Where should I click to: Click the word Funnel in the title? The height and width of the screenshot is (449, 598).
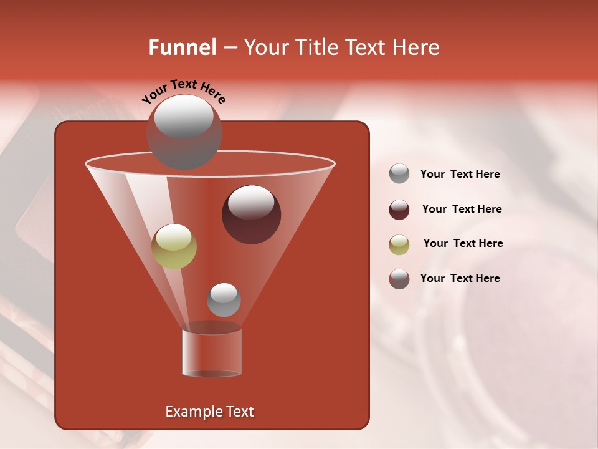[182, 47]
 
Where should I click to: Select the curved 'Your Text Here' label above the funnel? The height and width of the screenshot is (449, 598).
[184, 90]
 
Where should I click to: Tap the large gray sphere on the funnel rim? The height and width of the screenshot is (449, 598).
[184, 132]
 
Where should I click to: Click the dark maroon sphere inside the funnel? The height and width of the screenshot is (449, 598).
[251, 215]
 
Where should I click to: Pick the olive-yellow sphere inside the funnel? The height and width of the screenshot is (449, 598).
[174, 246]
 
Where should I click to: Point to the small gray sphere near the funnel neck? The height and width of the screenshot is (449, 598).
[224, 299]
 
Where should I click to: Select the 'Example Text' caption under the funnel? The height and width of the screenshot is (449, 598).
[209, 412]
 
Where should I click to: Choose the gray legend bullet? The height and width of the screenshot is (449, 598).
[399, 174]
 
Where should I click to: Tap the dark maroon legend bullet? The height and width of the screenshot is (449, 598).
[399, 210]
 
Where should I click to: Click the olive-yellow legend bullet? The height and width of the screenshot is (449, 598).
[399, 244]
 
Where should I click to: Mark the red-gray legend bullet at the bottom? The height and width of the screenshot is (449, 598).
[399, 279]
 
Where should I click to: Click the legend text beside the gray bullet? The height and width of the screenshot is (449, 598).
[460, 175]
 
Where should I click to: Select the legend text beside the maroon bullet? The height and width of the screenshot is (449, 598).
[462, 209]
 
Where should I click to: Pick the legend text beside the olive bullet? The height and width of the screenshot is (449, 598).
[463, 243]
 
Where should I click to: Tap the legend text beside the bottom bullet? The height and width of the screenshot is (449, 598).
[460, 278]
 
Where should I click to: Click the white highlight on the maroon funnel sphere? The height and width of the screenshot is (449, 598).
[251, 201]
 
